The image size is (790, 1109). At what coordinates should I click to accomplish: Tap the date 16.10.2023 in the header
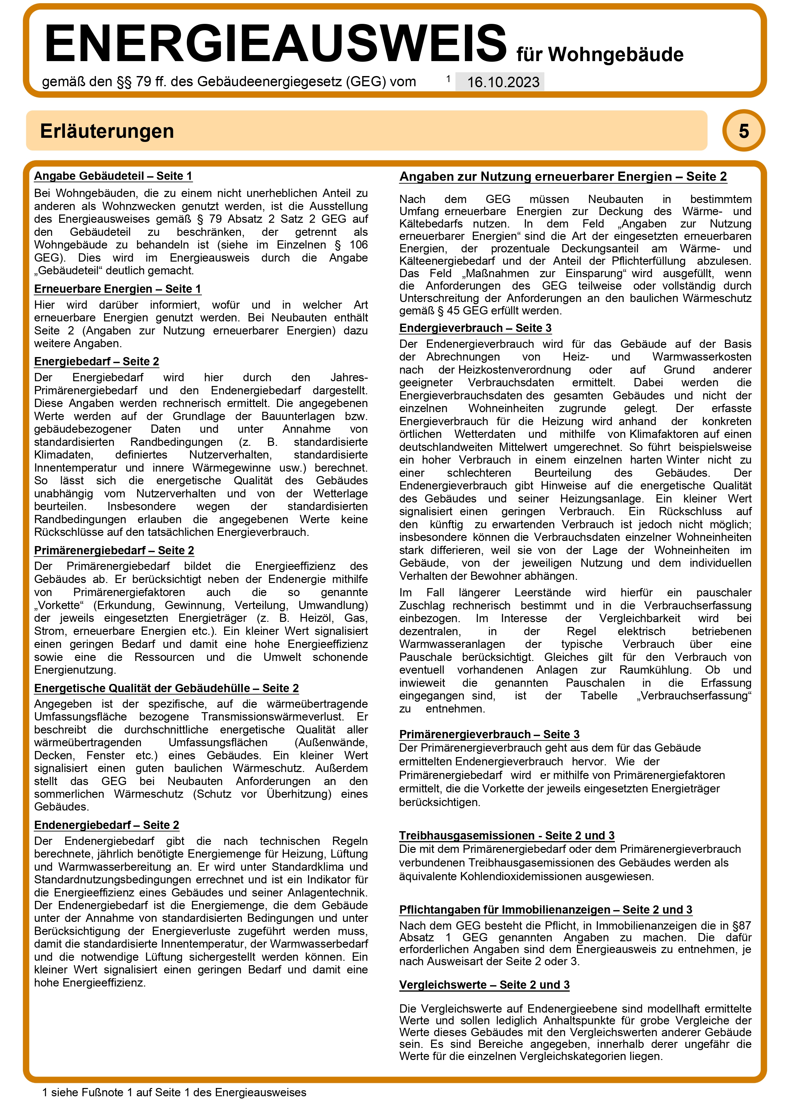point(503,82)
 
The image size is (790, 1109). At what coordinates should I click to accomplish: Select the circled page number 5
point(743,131)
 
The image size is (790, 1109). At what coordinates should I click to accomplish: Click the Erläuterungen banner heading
point(107,131)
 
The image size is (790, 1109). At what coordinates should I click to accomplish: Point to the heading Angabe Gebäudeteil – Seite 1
point(113,176)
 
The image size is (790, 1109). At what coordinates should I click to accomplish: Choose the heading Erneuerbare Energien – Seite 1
point(117,289)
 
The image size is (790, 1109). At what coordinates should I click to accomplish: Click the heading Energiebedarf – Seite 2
point(96,361)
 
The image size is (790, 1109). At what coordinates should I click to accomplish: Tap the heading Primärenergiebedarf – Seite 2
point(114,551)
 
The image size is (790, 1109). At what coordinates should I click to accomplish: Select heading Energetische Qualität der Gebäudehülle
point(166,688)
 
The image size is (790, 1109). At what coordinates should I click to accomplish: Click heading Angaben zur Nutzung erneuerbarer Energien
point(563,177)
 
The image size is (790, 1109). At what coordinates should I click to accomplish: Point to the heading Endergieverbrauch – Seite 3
point(475,328)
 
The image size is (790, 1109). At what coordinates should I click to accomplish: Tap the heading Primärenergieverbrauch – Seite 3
point(489,734)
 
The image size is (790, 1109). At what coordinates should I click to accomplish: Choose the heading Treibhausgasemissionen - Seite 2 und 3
point(506,835)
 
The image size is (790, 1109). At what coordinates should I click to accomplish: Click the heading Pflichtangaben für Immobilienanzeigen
point(545,910)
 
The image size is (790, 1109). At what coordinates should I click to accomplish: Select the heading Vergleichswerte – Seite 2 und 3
point(484,985)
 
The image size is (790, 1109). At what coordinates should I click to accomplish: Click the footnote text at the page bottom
point(174,1092)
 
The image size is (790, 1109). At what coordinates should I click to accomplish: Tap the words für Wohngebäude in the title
point(600,54)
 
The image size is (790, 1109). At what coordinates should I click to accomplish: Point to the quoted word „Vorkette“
point(57,605)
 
